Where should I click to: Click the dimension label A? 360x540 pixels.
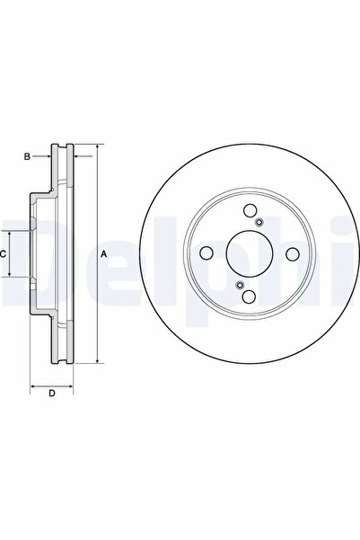click(x=104, y=255)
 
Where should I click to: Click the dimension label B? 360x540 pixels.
click(x=28, y=157)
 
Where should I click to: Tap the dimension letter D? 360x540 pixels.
click(x=52, y=394)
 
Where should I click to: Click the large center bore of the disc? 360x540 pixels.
click(x=250, y=254)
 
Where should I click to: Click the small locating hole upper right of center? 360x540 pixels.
click(x=259, y=223)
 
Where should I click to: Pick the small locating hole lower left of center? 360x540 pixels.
click(x=240, y=286)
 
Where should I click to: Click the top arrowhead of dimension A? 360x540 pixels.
click(x=96, y=146)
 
